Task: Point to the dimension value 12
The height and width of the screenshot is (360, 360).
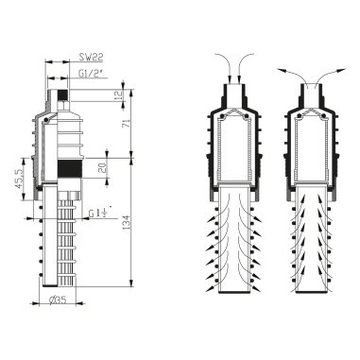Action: tap(117, 95)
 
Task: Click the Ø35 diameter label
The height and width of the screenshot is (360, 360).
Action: tap(60, 302)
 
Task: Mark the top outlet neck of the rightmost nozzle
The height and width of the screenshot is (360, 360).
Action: tap(313, 93)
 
